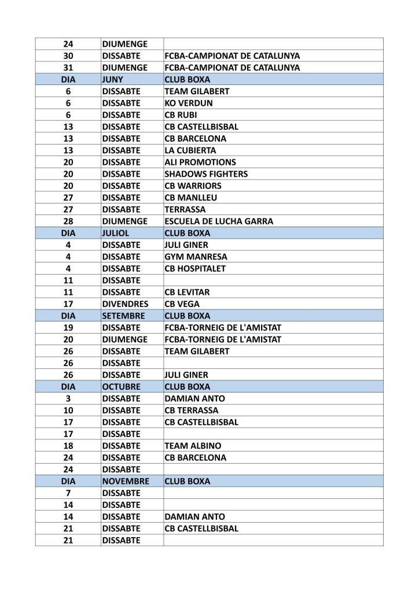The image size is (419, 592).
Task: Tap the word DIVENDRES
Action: (x=124, y=304)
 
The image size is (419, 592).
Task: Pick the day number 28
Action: (x=68, y=221)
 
